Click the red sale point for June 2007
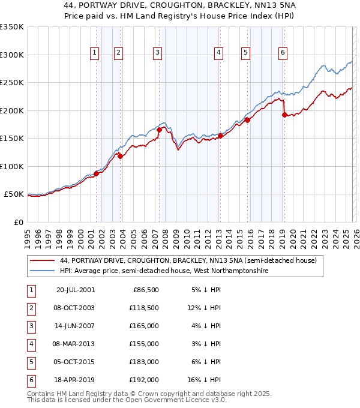[159, 130]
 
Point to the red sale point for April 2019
[284, 115]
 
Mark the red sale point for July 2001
[96, 173]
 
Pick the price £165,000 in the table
[144, 326]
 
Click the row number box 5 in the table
[31, 362]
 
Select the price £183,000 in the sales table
[144, 362]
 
